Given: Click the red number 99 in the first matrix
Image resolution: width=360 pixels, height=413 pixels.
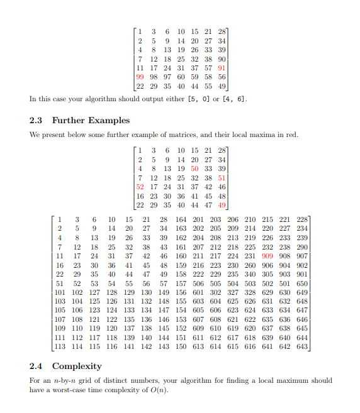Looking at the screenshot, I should (140, 77).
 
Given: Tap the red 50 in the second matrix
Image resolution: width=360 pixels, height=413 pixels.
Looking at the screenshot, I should (194, 168).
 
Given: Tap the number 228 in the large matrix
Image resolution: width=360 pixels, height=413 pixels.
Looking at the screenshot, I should (301, 219).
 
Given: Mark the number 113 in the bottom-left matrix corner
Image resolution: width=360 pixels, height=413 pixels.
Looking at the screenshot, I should (60, 347).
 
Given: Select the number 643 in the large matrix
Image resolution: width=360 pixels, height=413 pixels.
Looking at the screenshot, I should (301, 347).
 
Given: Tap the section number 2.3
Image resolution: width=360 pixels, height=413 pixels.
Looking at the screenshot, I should (37, 120).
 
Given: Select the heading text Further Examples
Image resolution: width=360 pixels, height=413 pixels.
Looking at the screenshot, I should (91, 120).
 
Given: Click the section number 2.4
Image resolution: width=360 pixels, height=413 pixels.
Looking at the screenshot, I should (37, 366).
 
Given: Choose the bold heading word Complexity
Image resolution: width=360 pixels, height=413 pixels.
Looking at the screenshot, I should (77, 366).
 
